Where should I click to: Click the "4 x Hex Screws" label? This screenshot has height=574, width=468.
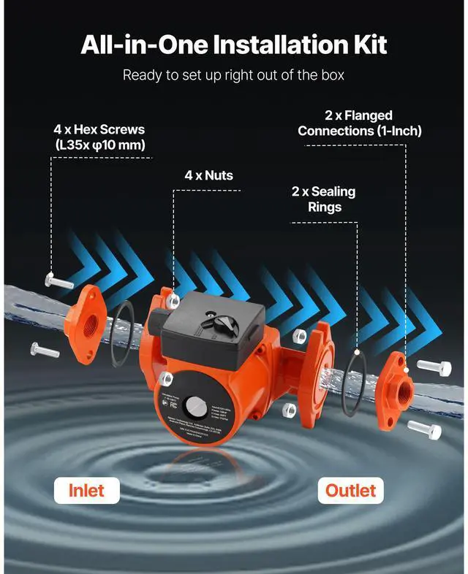(x=99, y=129)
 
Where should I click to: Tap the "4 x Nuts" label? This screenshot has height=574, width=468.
(x=209, y=175)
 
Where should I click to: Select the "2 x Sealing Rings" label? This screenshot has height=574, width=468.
(x=323, y=199)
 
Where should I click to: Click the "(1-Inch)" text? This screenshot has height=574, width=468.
(x=392, y=131)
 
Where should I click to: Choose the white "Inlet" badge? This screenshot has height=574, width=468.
(x=87, y=490)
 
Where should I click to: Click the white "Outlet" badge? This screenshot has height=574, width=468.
(x=350, y=490)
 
